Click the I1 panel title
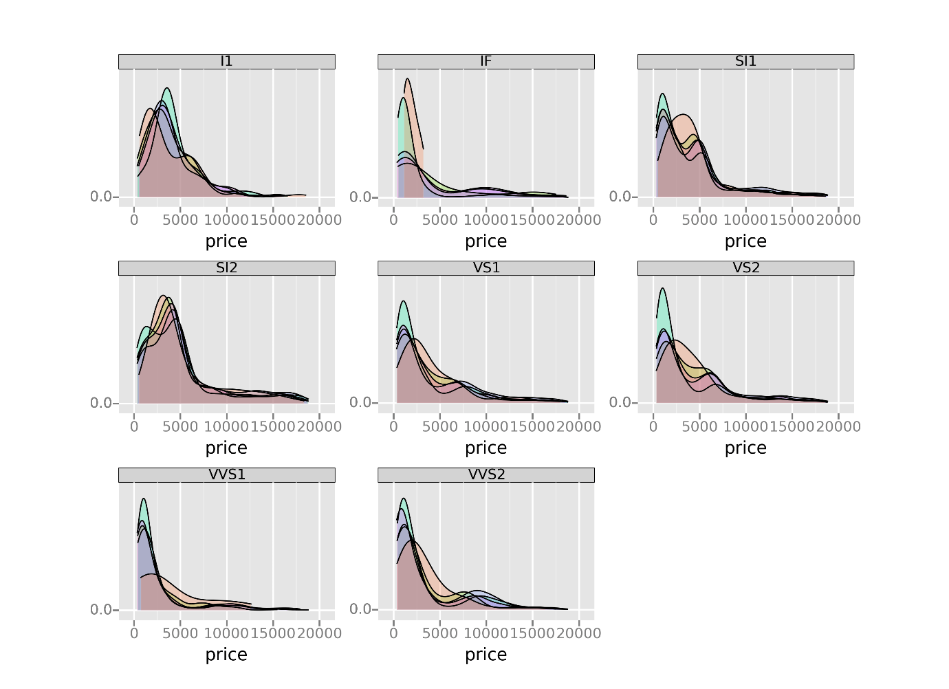[226, 61]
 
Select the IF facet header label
[486, 61]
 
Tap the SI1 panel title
[745, 61]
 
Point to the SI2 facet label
[226, 267]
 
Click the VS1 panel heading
[486, 267]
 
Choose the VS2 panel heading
[745, 267]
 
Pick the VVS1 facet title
[226, 474]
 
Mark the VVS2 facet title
[486, 474]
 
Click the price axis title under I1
[226, 241]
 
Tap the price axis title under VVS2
[486, 655]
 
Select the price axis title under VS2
[745, 448]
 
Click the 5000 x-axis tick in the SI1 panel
[699, 220]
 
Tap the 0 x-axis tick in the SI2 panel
[134, 426]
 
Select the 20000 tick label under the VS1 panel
[578, 426]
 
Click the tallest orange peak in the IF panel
[408, 78]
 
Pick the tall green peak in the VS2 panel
[662, 288]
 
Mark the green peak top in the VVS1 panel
[143, 499]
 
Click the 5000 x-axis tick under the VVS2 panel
[439, 633]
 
